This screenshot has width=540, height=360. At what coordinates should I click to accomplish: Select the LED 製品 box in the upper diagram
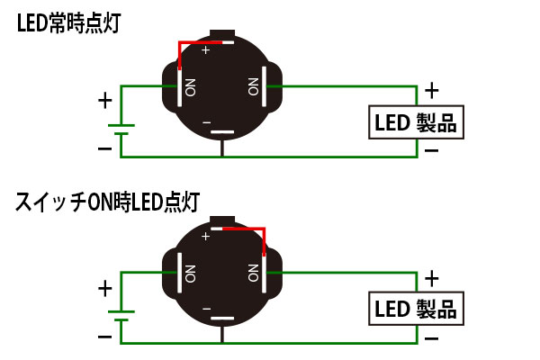pos(416,122)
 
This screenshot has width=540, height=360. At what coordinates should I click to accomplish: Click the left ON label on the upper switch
pos(191,87)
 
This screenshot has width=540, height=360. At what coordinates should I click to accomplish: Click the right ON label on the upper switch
pos(253,87)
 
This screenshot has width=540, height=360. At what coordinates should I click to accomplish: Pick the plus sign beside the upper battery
pos(105,99)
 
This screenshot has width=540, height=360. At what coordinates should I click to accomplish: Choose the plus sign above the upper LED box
pos(432,90)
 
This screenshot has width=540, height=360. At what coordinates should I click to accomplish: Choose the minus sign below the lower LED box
pos(432,337)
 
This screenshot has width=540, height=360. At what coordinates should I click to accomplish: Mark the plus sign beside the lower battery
pos(105,288)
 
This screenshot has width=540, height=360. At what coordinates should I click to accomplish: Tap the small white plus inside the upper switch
pos(207,51)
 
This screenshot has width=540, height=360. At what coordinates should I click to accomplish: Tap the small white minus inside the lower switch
pos(207,309)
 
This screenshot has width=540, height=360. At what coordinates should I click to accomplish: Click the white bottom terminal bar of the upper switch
pos(222,133)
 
